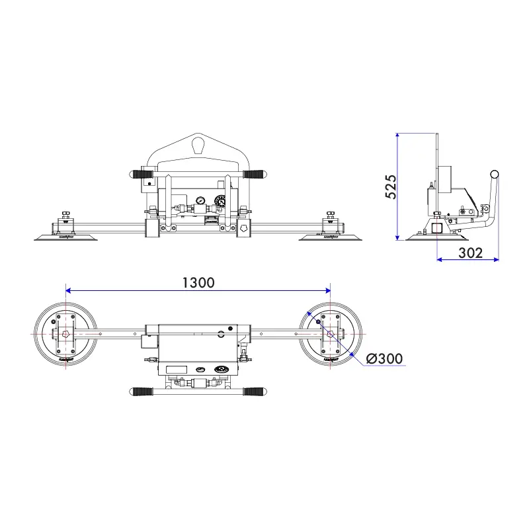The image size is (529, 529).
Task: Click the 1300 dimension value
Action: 198,282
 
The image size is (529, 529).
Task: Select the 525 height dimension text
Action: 390,187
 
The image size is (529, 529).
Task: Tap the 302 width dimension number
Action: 469,252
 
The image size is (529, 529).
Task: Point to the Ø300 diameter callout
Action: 384,358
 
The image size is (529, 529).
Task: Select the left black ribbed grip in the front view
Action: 142,175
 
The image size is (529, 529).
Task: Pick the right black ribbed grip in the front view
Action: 253,175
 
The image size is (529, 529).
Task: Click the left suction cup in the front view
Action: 66,236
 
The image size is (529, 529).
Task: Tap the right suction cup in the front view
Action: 330,236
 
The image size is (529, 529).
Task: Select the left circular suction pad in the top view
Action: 66,335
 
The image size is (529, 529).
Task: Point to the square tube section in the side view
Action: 437,228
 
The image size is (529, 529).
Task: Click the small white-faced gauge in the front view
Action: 199,200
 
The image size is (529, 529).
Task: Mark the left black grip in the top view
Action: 142,392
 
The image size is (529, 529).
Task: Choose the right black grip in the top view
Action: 254,392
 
